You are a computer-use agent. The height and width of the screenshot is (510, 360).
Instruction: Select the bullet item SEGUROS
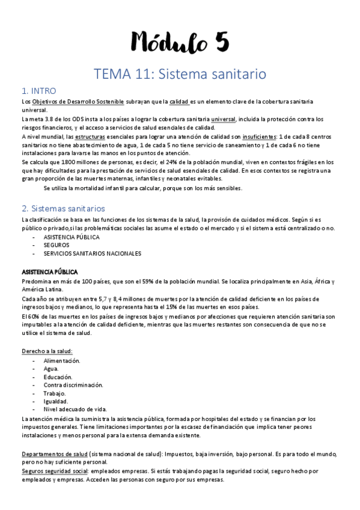[56, 245]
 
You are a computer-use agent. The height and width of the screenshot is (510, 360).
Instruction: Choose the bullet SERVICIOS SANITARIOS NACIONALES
[92, 253]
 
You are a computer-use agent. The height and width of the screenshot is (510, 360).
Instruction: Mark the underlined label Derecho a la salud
[47, 351]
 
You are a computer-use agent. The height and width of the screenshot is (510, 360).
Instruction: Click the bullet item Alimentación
[62, 361]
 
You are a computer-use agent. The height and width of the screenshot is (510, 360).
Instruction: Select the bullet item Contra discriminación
[73, 385]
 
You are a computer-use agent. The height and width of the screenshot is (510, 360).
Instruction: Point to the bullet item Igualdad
[56, 401]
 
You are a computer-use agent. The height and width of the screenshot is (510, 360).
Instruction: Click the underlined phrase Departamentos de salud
[54, 454]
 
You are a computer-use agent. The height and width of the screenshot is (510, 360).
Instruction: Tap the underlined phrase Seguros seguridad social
[55, 472]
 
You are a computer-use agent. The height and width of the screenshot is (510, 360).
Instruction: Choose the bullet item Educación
[58, 377]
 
